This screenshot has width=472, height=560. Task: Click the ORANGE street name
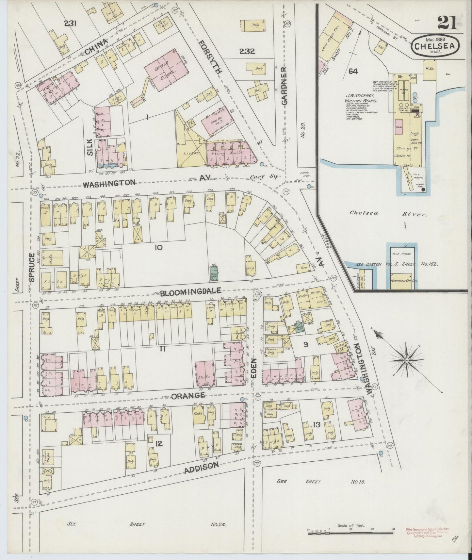tap(188, 396)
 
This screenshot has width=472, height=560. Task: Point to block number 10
tap(158, 247)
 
